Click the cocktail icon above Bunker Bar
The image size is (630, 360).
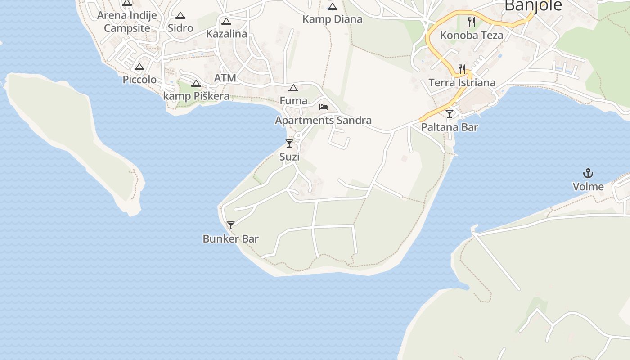tap(231, 225)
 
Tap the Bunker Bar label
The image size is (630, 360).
tap(231, 238)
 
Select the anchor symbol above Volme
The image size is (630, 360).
tap(588, 173)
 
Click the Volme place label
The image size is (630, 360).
tap(588, 186)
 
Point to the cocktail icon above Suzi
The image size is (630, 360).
tap(289, 144)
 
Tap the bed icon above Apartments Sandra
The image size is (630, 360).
tap(323, 107)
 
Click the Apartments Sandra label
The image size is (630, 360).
tap(323, 120)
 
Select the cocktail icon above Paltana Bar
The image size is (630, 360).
tap(450, 114)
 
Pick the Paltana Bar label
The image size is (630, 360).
tap(450, 127)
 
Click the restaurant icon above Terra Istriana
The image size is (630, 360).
tap(462, 69)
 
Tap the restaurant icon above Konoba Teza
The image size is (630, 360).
tap(472, 22)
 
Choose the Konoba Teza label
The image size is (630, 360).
tap(472, 35)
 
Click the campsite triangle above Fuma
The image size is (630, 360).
tap(293, 88)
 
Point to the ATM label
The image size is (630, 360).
tap(225, 78)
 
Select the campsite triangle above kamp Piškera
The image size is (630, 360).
tap(196, 83)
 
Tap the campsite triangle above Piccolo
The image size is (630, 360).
tap(139, 67)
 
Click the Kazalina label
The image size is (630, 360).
tap(226, 34)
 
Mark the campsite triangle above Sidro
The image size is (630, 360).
tap(180, 16)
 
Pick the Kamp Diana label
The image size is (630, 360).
tap(332, 19)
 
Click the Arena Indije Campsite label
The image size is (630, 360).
tap(127, 22)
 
